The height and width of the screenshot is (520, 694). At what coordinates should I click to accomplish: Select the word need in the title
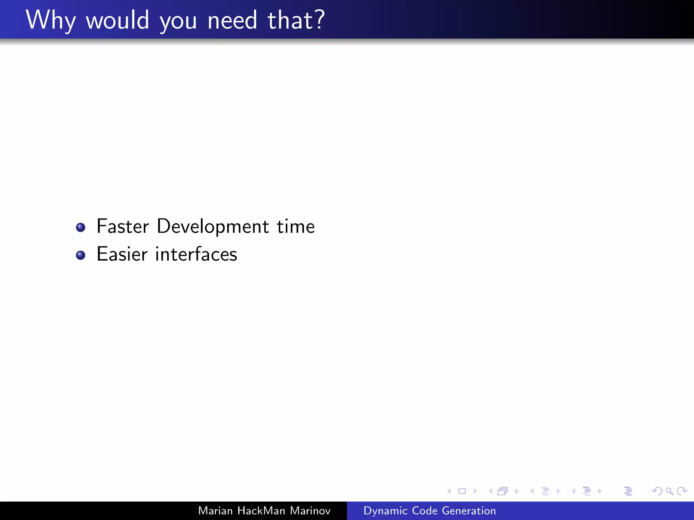(x=232, y=20)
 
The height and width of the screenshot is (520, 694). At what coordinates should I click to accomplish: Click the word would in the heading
(x=117, y=20)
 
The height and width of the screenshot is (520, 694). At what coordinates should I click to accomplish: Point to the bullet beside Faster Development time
(x=81, y=227)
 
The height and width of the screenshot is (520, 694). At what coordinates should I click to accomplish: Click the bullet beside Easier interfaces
(x=81, y=255)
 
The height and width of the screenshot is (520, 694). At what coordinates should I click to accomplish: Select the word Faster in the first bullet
(x=123, y=226)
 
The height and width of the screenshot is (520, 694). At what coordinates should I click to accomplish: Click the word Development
(x=213, y=227)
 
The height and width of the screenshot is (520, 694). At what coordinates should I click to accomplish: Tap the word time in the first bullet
(x=295, y=226)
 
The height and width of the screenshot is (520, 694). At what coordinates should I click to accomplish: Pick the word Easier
(x=122, y=254)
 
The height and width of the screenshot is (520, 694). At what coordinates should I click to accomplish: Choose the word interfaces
(x=196, y=254)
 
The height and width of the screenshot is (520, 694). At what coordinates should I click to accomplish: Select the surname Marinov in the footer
(x=310, y=511)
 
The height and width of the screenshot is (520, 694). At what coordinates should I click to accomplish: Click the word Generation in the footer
(x=469, y=511)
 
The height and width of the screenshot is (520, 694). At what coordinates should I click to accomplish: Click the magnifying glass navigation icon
(x=669, y=491)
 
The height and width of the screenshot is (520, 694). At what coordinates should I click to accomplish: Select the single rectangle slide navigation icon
(x=462, y=491)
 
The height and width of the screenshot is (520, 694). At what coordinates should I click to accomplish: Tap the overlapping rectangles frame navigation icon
(x=503, y=491)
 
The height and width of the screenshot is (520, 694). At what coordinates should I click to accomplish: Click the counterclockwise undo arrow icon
(x=657, y=491)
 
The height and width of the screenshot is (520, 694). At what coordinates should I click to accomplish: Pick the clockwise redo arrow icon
(x=681, y=491)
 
